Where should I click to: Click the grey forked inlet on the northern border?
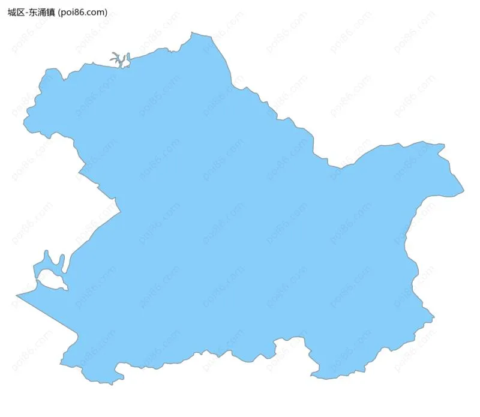coord(118,59)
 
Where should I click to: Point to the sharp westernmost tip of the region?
coord(17,295)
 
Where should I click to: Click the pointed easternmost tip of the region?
coord(463,193)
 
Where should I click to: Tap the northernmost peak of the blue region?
coord(193,34)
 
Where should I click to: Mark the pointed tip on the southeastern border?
coord(433,317)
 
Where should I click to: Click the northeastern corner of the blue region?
coord(443,146)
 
